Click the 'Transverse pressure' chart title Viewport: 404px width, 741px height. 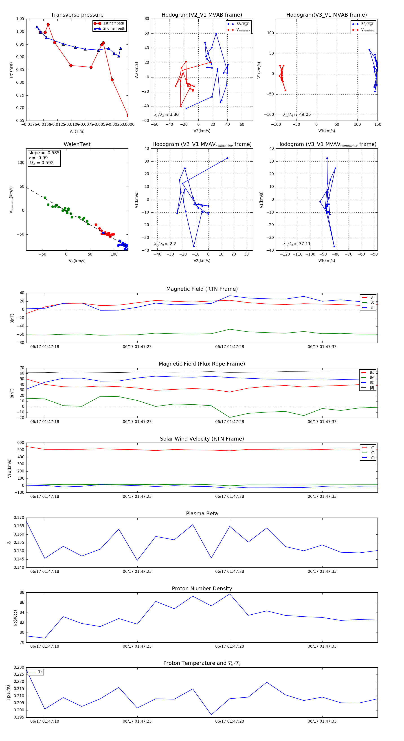(x=77, y=15)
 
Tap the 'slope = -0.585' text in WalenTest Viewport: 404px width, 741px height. (x=44, y=153)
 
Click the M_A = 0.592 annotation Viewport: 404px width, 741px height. (x=41, y=163)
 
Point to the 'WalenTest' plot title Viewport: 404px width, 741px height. (x=77, y=144)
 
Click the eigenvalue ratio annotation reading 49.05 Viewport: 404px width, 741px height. (x=305, y=115)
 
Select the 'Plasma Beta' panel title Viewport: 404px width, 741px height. (x=202, y=514)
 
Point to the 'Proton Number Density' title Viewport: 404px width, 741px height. (x=202, y=589)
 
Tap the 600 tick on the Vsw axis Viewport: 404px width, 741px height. (x=21, y=443)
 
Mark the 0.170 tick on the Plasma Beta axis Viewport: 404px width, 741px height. (x=19, y=518)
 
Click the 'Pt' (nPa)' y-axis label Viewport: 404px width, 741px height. (x=11, y=70)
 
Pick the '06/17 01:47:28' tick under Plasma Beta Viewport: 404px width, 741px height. (x=229, y=571)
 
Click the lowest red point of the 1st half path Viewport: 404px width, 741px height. (x=128, y=116)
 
